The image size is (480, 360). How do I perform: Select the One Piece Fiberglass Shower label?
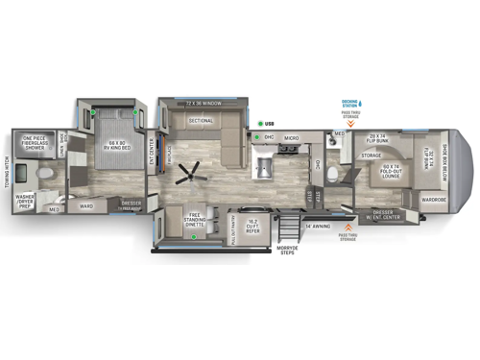pos(39,143)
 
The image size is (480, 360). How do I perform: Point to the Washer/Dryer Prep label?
pos(26,202)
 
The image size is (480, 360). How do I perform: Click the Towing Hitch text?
pos(7,173)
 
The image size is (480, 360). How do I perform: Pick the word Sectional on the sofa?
pos(200,122)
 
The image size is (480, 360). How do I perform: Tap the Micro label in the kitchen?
pos(292,138)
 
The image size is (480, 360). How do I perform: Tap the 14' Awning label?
pos(318,226)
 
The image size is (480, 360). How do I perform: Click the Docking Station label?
pos(349,104)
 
